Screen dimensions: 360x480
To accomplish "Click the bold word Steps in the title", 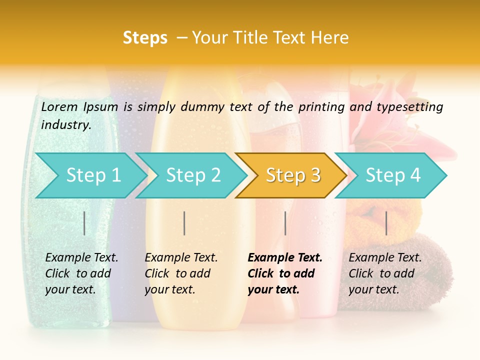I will [145, 38].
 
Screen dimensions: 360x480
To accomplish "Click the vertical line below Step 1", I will [84, 223].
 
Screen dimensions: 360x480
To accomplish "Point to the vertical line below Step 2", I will [184, 223].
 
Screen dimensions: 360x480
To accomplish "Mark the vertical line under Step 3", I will [285, 223].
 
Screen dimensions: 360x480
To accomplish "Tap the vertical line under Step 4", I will [386, 223].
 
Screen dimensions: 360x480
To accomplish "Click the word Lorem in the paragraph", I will [59, 106].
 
